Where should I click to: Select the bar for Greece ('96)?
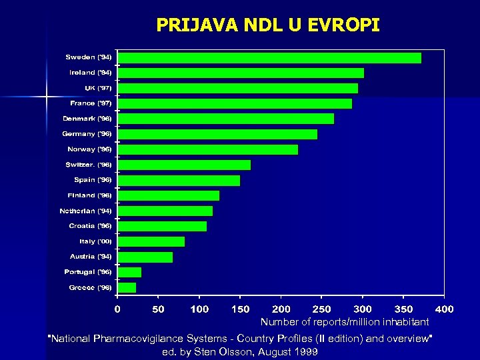pos(127,287)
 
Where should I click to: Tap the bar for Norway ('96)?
pos(207,149)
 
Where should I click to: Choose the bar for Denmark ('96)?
pos(225,119)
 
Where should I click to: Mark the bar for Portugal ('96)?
pos(129,272)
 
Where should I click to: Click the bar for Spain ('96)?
pos(179,180)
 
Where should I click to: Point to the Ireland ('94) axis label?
pos(91,72)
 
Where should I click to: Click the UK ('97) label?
pos(98,87)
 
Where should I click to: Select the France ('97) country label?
pos(91,103)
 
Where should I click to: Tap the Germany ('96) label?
pos(87,133)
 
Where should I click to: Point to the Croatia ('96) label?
pos(90,226)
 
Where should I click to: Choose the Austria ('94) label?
pos(91,257)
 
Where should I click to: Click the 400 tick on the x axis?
pos(444,309)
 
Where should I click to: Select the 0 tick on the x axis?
pos(117,309)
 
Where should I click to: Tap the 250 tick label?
pos(321,309)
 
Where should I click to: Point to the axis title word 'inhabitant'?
pos(405,322)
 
